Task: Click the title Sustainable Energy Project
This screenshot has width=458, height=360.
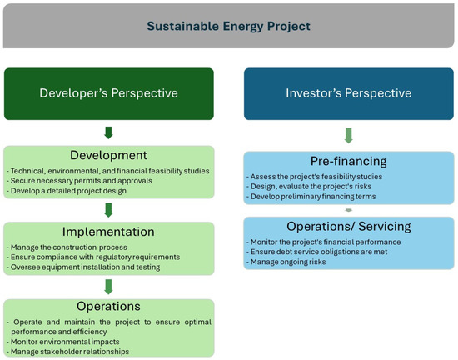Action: [228, 26]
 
